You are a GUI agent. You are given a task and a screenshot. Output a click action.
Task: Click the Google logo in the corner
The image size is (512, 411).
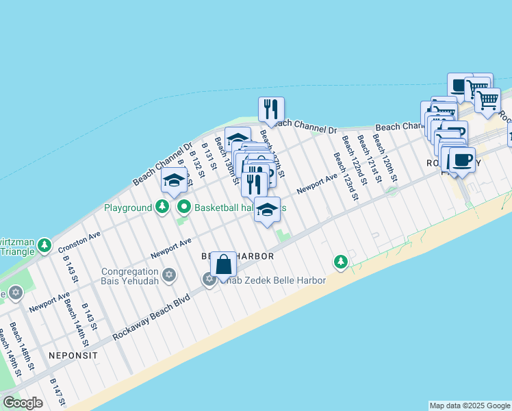click(23, 402)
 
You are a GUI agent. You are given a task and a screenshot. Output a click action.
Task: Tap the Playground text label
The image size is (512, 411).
click(127, 207)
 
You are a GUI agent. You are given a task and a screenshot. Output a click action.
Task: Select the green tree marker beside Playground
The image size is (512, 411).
click(162, 206)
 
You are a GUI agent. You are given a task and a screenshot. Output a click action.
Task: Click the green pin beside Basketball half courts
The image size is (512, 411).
click(184, 206)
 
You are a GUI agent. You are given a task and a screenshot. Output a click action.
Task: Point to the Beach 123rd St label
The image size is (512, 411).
click(346, 176)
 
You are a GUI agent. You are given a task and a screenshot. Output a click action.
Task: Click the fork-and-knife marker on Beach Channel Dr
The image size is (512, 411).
click(271, 110)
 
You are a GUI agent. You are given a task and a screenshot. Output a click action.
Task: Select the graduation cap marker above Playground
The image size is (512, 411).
click(174, 182)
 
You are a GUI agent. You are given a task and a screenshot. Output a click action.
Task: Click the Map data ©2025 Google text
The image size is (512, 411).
click(470, 406)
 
